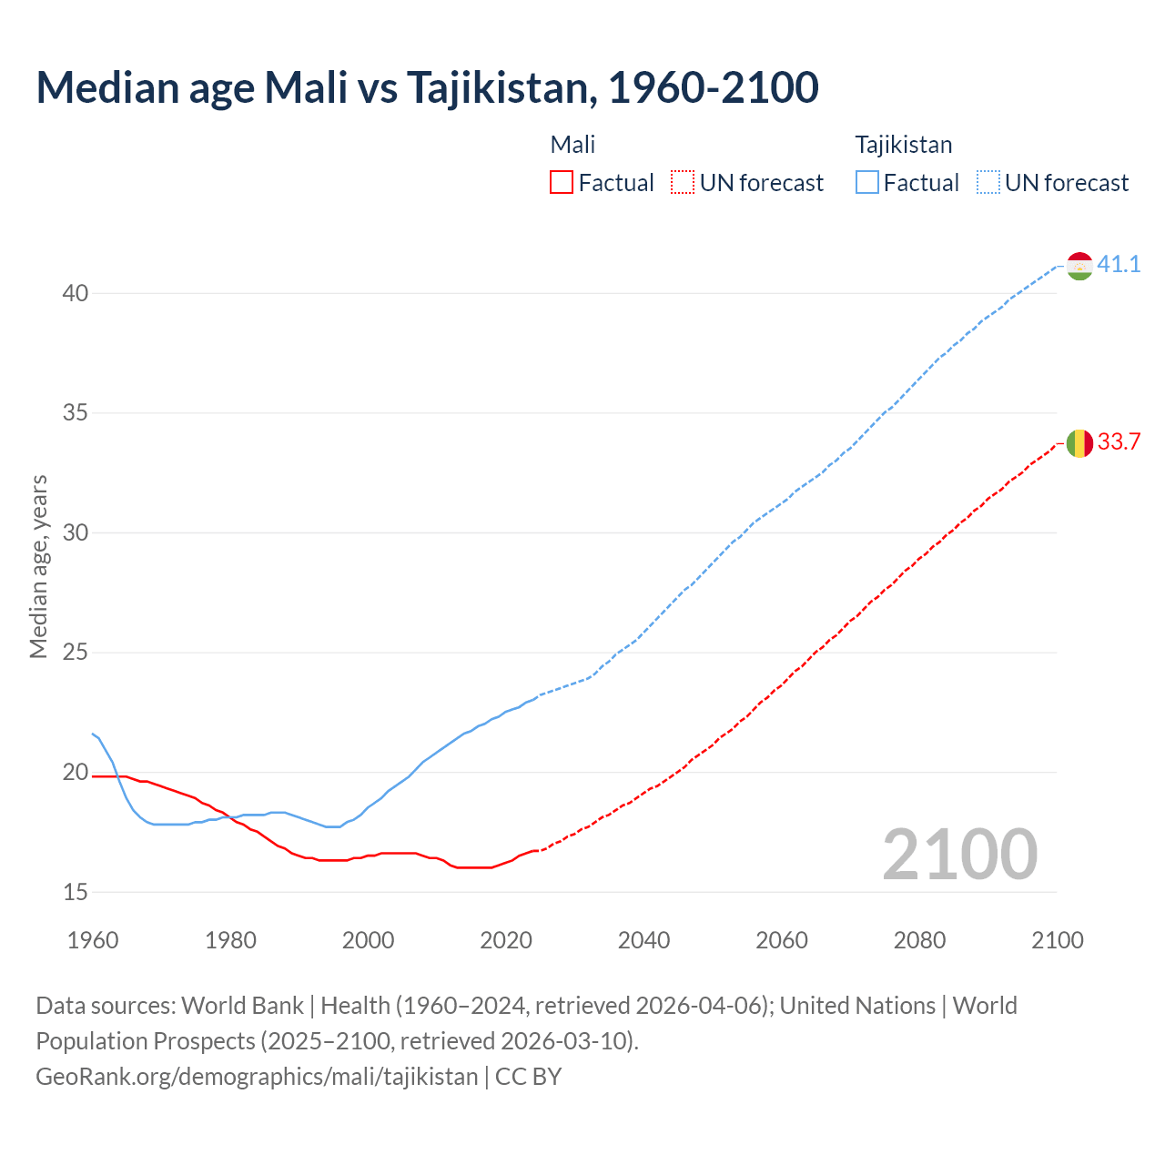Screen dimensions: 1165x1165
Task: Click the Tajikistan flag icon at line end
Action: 1079,267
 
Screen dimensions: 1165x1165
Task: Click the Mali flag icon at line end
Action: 1079,443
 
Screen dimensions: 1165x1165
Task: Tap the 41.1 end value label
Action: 1119,265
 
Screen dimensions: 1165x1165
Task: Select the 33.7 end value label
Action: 1119,442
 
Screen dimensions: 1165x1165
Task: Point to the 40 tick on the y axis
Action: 76,293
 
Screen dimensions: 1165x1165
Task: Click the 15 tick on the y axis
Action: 76,892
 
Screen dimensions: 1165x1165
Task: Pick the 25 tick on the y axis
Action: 76,653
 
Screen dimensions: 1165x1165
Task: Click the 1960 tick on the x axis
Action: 93,940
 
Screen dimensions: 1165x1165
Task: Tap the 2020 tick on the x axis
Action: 506,940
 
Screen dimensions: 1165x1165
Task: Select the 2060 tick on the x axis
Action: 782,940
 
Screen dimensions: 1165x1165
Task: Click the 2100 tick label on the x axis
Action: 1058,940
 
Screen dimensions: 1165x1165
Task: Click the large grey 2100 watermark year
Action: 959,855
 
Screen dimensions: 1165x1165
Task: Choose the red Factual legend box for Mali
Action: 562,183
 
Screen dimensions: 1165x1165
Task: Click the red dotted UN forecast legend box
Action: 683,183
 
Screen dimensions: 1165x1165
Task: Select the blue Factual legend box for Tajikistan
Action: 867,183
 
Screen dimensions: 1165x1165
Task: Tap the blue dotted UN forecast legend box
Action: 988,183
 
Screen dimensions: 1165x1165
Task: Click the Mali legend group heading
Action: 572,145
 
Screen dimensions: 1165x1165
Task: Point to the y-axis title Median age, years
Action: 38,566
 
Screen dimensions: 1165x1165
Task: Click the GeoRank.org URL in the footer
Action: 257,1077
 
